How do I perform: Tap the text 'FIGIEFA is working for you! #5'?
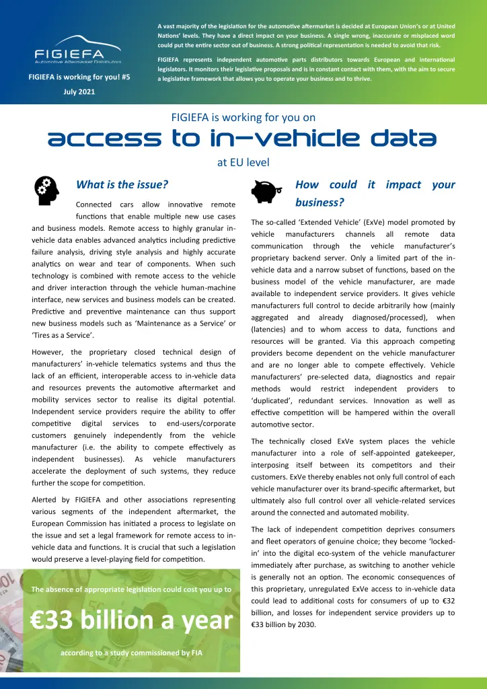coord(79,77)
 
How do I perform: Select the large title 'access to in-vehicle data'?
coord(243,139)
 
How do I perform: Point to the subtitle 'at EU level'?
coord(243,162)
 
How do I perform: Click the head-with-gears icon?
coord(47,190)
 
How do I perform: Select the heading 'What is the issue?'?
coord(122,184)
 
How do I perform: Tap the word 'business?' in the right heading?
coord(320,202)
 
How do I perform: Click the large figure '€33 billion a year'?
coord(132,620)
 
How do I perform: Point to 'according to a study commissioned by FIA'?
coord(132,653)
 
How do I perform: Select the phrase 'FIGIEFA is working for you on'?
coord(243,117)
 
